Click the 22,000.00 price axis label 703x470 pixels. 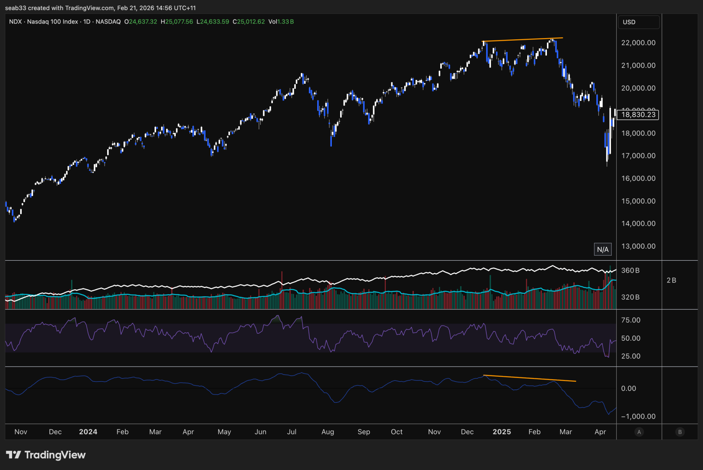[638, 43]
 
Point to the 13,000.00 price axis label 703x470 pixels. [638, 246]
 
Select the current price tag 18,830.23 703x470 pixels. [638, 115]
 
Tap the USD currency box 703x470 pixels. [639, 22]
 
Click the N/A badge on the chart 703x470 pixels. [603, 249]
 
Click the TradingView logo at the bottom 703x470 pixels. [46, 455]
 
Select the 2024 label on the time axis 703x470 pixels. [88, 431]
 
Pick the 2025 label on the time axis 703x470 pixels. [501, 431]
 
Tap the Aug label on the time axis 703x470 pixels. [328, 431]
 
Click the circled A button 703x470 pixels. [639, 432]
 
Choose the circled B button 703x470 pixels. [680, 432]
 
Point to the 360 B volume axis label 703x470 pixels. [630, 270]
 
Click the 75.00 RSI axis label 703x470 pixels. [631, 320]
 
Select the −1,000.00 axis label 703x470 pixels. [638, 416]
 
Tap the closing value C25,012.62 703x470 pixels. [249, 22]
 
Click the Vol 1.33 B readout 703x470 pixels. [281, 22]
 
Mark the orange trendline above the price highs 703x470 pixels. [523, 40]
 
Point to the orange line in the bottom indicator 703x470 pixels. [530, 378]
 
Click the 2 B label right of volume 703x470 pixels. [671, 280]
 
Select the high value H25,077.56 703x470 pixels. [177, 22]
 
